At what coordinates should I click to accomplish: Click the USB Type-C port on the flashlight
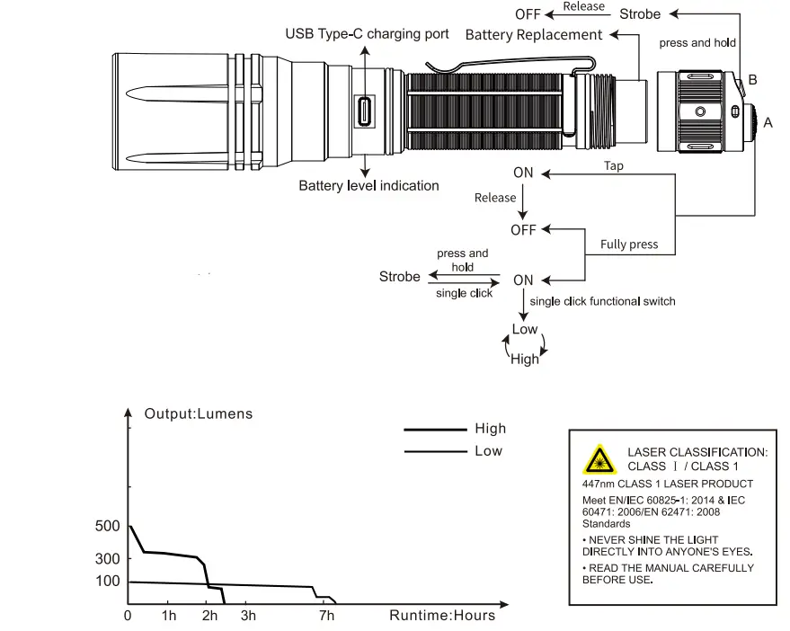[364, 111]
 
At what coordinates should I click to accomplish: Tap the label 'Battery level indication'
[368, 186]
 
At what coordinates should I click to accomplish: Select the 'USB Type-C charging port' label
[367, 34]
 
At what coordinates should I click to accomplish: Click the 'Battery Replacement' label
[534, 35]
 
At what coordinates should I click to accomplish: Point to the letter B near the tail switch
[753, 80]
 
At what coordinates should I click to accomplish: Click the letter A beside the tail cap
[768, 122]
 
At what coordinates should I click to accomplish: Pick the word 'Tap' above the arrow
[614, 165]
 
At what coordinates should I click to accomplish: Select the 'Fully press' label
[629, 244]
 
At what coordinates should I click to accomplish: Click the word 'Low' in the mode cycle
[525, 329]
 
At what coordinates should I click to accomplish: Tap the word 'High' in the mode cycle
[525, 359]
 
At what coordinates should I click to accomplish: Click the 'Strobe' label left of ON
[400, 277]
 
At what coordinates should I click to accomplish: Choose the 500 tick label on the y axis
[107, 526]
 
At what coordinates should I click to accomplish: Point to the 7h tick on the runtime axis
[326, 616]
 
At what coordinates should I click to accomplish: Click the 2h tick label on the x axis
[209, 616]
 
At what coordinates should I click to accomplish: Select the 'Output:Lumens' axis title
[199, 413]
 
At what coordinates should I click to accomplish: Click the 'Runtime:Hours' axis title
[442, 616]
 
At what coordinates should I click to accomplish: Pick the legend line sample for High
[435, 430]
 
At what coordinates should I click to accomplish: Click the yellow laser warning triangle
[599, 459]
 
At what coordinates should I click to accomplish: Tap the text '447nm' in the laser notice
[598, 484]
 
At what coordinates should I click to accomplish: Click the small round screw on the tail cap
[700, 111]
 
